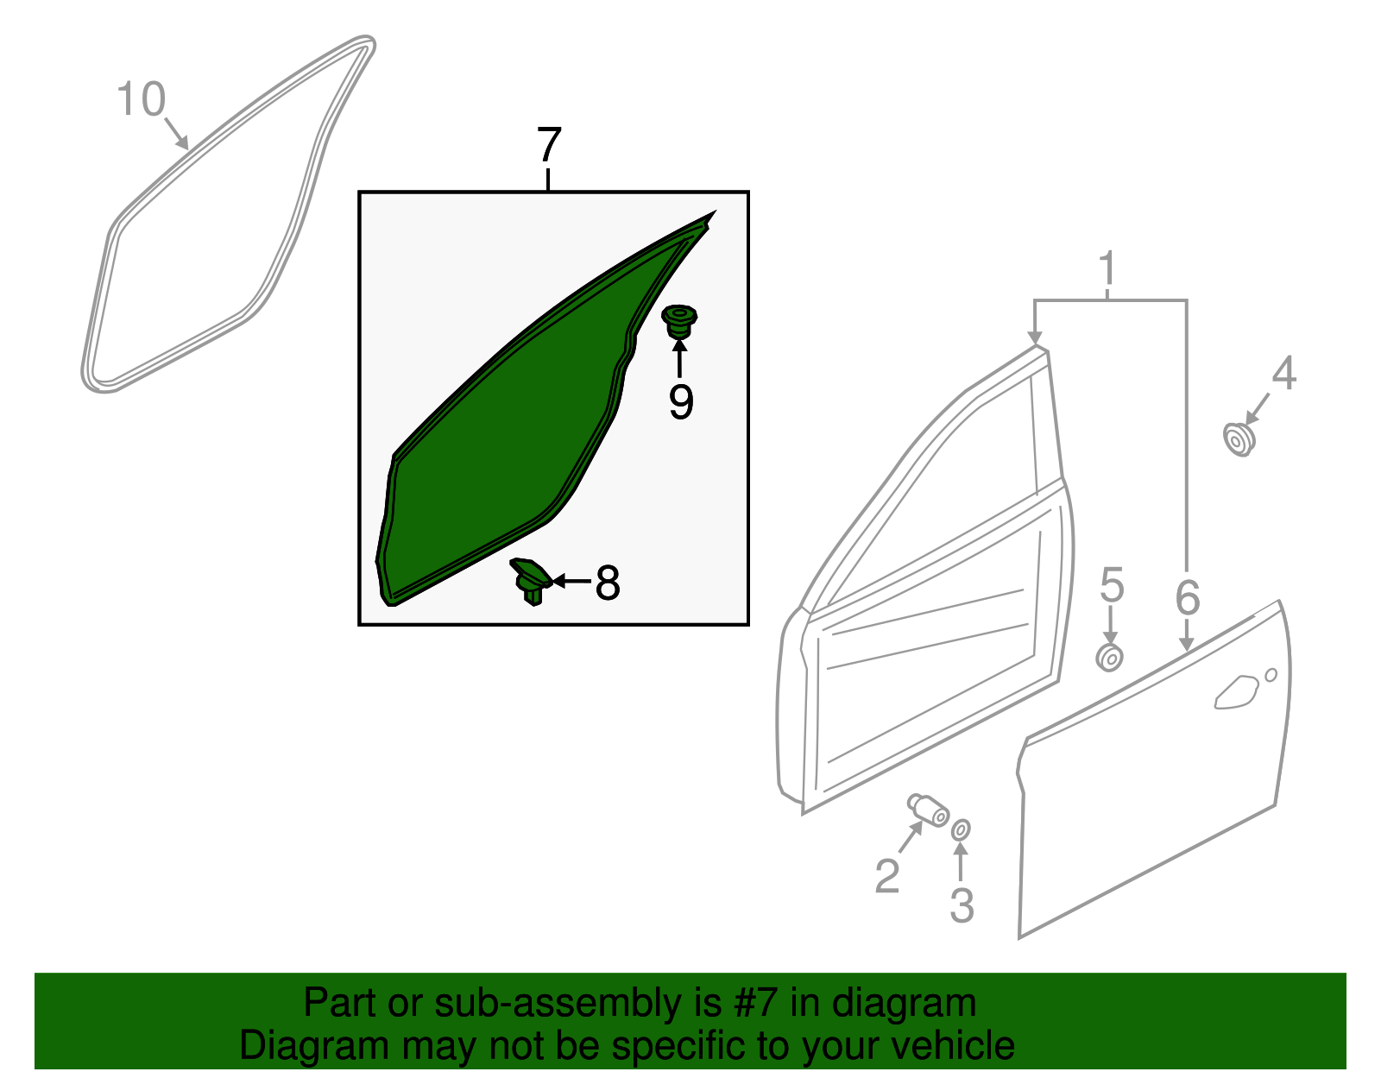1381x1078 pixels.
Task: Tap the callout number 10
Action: click(141, 99)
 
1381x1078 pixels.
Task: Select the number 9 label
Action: click(681, 401)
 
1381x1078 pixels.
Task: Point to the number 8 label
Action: click(607, 582)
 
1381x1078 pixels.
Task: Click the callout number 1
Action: click(1107, 268)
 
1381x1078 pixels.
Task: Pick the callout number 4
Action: click(1284, 373)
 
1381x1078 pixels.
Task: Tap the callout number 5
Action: click(1112, 585)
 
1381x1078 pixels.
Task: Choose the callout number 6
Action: click(1188, 598)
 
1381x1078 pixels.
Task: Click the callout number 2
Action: click(887, 877)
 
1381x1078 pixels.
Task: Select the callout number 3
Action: click(962, 905)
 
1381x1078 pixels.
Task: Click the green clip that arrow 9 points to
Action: click(679, 322)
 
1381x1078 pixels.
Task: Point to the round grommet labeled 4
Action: click(1239, 439)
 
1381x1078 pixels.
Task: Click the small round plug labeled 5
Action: click(1110, 659)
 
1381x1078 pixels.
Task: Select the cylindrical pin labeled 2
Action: click(928, 810)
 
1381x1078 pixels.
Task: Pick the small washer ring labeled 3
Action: click(961, 829)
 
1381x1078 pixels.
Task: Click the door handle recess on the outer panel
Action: click(1237, 692)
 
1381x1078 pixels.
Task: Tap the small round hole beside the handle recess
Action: click(1271, 675)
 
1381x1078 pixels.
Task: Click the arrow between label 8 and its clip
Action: click(572, 581)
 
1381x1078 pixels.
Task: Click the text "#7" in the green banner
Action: click(754, 1002)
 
